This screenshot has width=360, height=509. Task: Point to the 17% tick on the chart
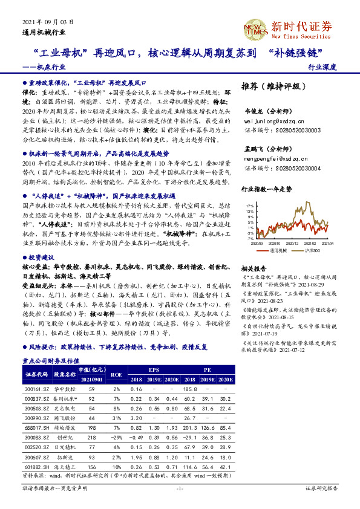(249, 206)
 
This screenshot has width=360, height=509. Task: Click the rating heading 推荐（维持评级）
(270, 86)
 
